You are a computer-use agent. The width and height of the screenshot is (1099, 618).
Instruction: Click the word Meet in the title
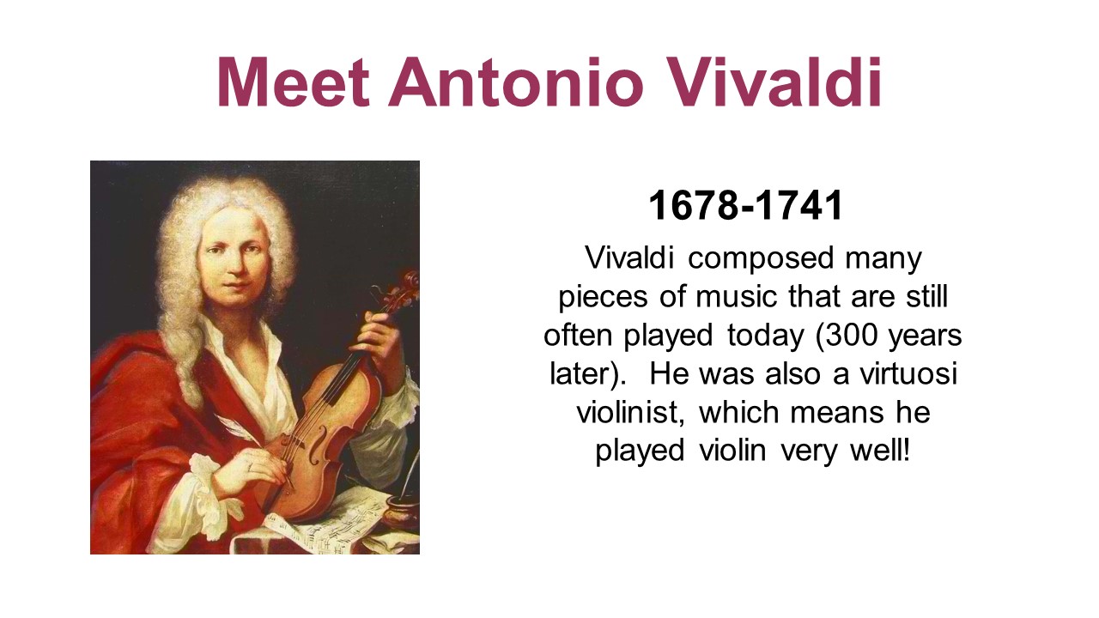(x=293, y=82)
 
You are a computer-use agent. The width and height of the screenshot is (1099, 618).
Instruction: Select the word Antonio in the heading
(x=515, y=82)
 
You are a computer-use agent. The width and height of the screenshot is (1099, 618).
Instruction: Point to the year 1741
(x=798, y=206)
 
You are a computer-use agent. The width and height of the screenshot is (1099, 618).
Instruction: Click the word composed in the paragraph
(x=761, y=259)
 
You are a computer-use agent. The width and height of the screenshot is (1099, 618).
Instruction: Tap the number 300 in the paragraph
(x=846, y=336)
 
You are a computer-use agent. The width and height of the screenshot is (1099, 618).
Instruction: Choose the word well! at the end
(x=880, y=451)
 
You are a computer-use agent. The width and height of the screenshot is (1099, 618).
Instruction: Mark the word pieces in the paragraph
(x=603, y=298)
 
